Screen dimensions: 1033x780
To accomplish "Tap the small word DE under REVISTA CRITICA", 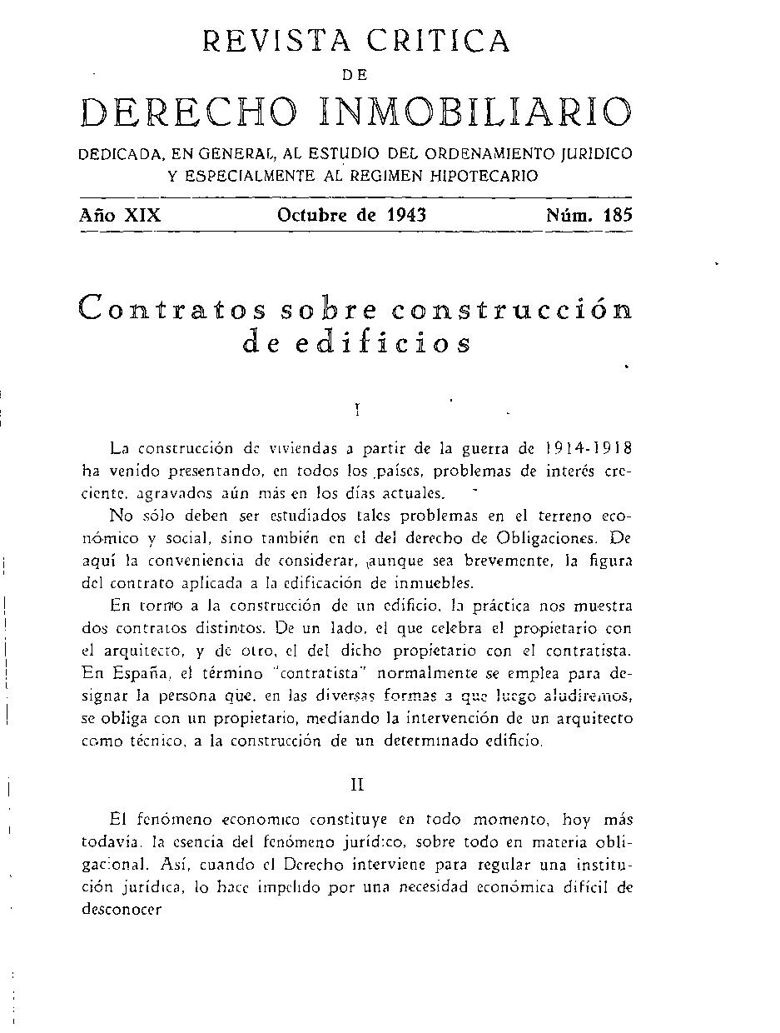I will pos(355,75).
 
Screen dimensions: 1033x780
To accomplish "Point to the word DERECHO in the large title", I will pos(187,113).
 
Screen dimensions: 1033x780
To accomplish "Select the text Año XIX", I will pos(120,214).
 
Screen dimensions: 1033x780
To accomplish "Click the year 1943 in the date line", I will pos(406,214).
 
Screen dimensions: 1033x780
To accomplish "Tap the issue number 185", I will pos(618,214).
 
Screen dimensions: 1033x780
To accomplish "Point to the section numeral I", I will pos(356,409).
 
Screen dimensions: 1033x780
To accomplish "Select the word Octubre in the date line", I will pos(313,214).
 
